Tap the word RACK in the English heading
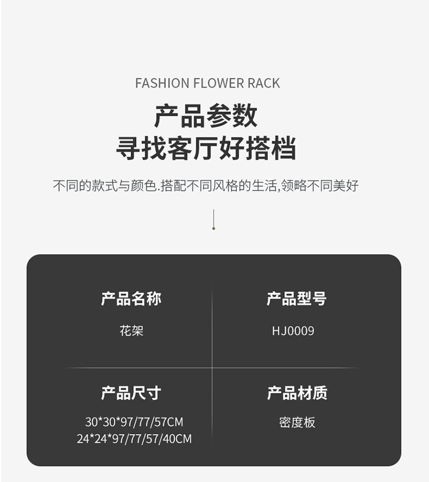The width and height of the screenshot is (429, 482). tap(264, 83)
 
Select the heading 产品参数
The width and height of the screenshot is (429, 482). tap(206, 116)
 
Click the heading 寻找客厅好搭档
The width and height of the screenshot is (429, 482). tap(206, 148)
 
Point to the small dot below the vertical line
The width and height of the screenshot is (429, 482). tap(214, 228)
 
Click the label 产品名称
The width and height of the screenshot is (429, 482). tap(131, 299)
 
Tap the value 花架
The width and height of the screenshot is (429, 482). tap(131, 331)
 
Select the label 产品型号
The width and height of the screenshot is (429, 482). tap(296, 299)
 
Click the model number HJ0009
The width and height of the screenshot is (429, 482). tap(293, 331)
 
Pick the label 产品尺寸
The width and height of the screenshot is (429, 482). tap(131, 393)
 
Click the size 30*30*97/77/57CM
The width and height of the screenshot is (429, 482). tap(134, 423)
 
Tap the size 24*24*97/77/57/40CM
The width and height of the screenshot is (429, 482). tap(134, 439)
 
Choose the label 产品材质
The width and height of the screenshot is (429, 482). tap(297, 393)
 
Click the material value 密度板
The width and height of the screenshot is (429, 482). tap(297, 423)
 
